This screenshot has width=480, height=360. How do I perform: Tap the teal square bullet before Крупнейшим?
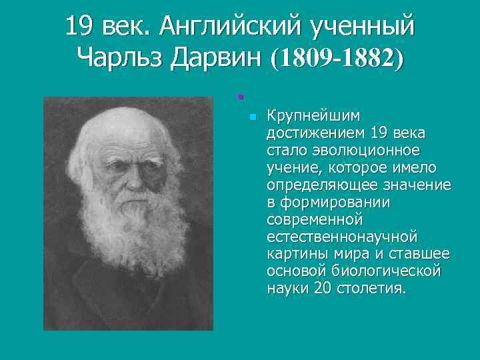point(251,117)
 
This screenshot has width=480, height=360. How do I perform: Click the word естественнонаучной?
point(341,236)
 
